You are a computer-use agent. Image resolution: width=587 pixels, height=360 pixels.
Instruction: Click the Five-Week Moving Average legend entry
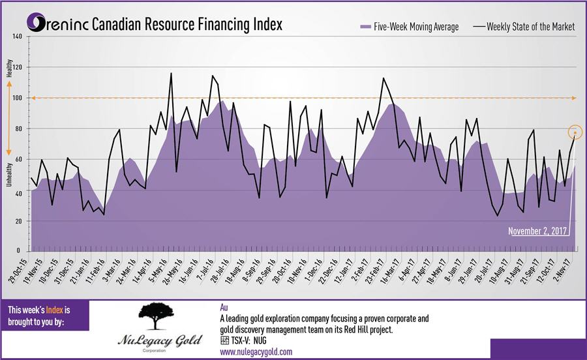409,27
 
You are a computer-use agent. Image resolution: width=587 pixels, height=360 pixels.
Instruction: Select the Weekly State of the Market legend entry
524,27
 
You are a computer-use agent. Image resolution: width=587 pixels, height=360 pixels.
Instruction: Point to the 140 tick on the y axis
18,37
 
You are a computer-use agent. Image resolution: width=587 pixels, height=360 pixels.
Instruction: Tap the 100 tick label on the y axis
18,98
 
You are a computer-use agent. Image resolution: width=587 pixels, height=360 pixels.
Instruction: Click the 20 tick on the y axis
19,221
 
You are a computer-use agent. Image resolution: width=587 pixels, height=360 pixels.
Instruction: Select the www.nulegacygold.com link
256,352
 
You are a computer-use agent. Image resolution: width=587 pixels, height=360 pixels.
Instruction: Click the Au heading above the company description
224,305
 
